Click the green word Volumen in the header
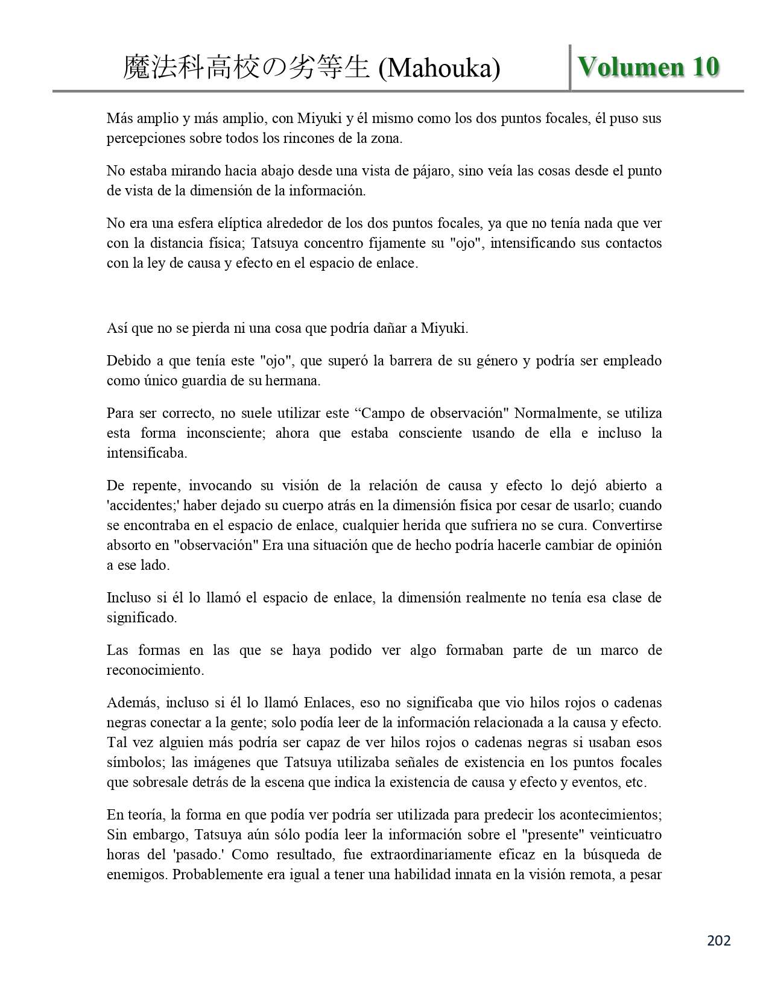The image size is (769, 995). (631, 66)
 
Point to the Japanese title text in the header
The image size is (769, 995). (246, 68)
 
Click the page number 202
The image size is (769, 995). (718, 940)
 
